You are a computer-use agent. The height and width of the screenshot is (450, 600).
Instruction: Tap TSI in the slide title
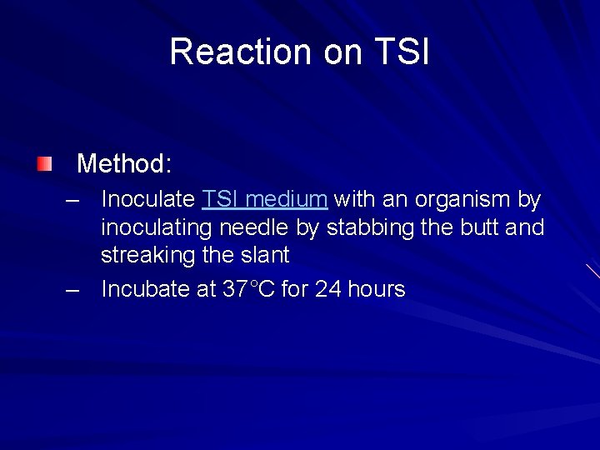(401, 52)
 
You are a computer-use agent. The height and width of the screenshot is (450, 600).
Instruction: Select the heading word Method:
(124, 163)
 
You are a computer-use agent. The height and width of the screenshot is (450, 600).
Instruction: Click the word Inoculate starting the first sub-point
(147, 200)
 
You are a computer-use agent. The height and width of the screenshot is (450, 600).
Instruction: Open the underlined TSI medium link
(264, 200)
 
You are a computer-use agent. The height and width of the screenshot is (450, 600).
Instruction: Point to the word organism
(462, 200)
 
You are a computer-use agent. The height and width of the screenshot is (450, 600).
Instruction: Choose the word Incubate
(146, 289)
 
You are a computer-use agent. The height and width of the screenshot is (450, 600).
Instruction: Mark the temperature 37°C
(248, 289)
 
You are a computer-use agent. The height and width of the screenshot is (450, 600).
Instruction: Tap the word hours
(377, 289)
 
